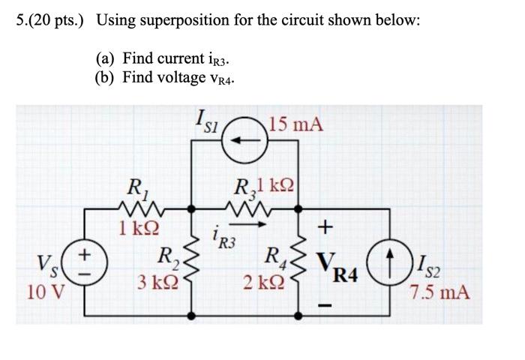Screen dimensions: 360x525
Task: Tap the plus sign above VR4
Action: [325, 226]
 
